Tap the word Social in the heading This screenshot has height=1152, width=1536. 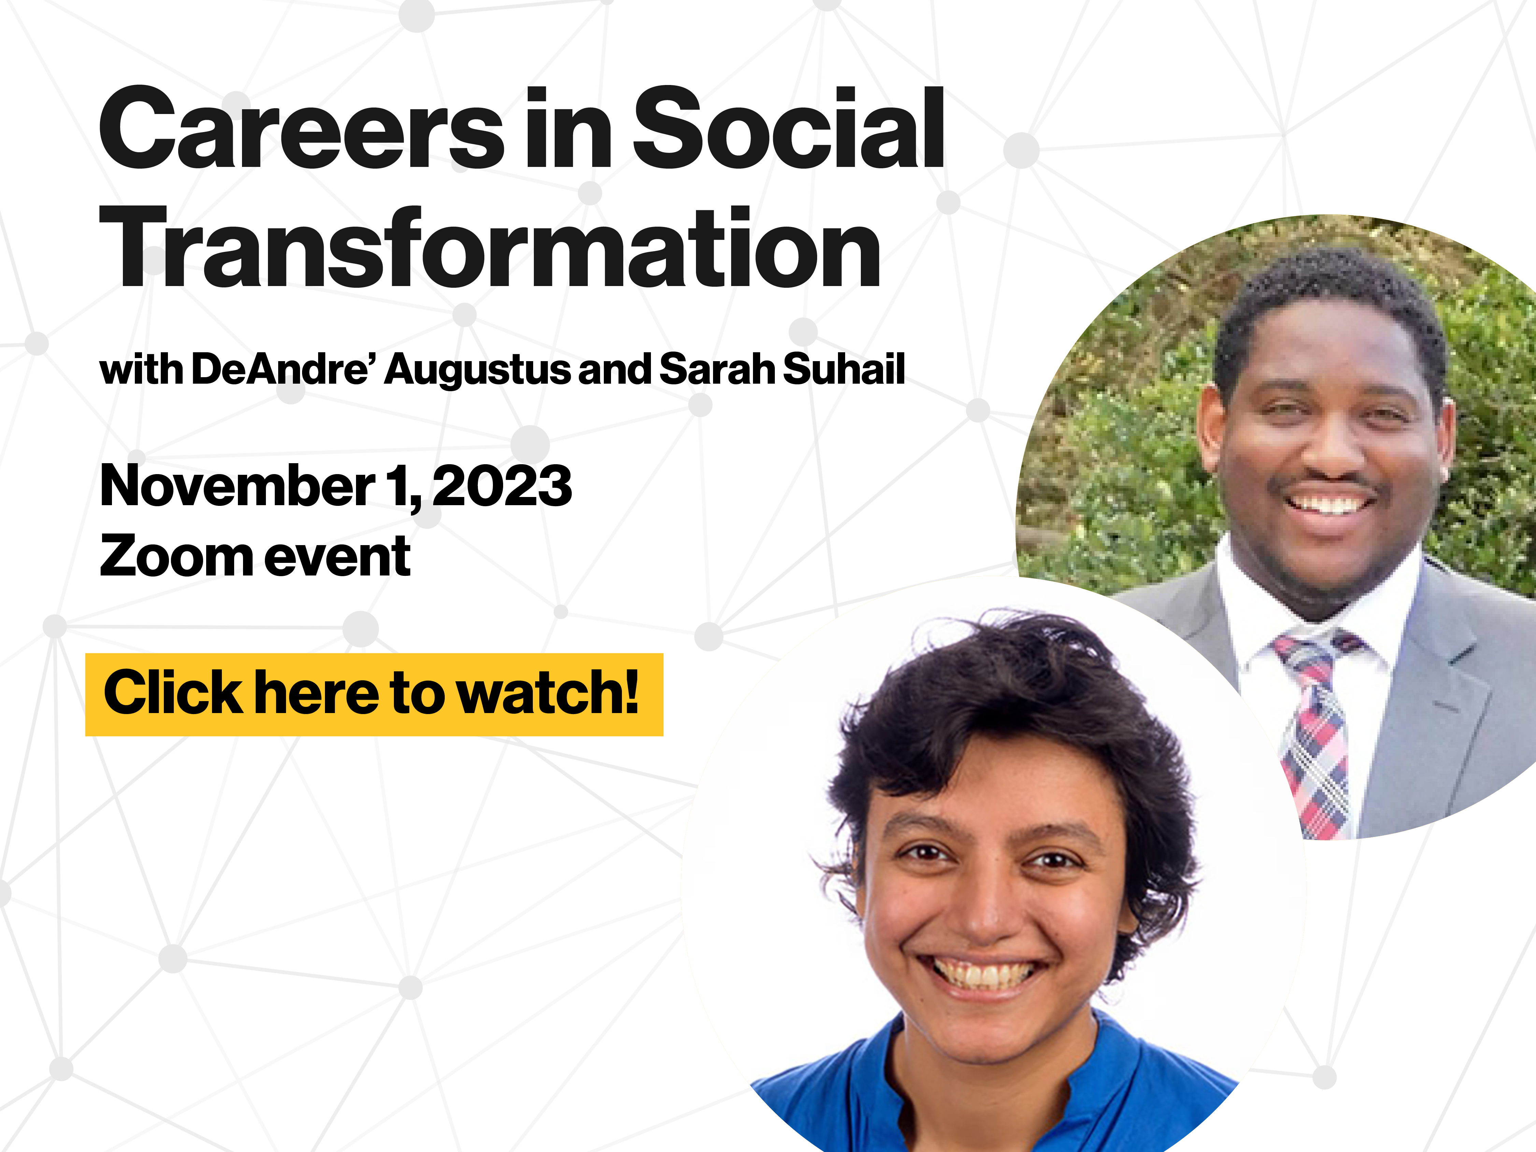coord(788,130)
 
